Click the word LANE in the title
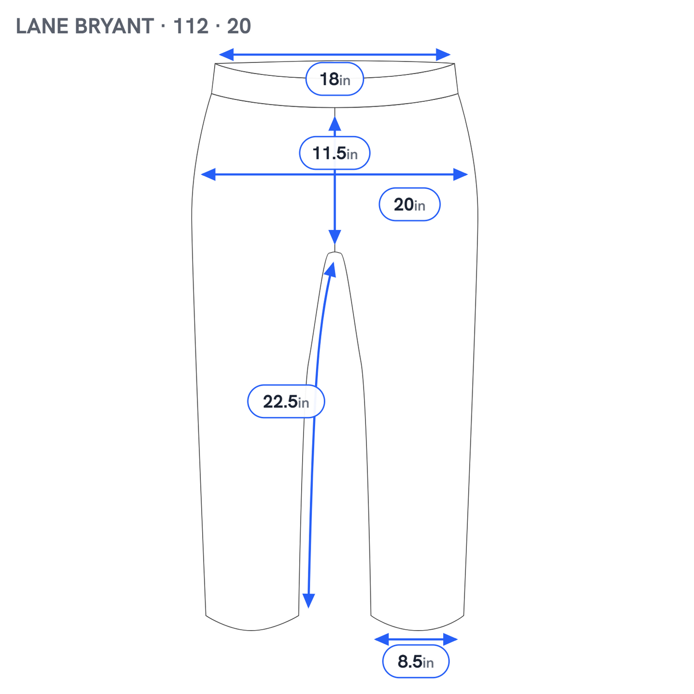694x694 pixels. (42, 26)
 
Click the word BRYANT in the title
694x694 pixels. (114, 26)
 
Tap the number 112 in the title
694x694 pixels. (191, 26)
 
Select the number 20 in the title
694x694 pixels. (239, 26)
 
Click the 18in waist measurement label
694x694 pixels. (334, 79)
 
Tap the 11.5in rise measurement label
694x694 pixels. (334, 153)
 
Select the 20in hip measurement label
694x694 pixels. (409, 204)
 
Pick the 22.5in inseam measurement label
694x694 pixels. (286, 401)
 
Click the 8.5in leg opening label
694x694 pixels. (415, 661)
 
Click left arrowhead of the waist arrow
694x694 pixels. (226, 55)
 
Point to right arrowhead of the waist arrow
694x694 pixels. (443, 55)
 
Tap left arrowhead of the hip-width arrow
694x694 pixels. (208, 174)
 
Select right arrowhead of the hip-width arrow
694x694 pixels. (460, 174)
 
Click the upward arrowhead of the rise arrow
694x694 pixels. (335, 124)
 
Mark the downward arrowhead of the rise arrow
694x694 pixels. (335, 237)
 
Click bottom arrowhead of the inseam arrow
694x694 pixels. (309, 601)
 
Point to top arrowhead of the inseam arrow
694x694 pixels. (330, 270)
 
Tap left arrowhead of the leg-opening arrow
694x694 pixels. (382, 639)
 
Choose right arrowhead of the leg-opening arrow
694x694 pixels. (450, 639)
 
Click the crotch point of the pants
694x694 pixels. (335, 253)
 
